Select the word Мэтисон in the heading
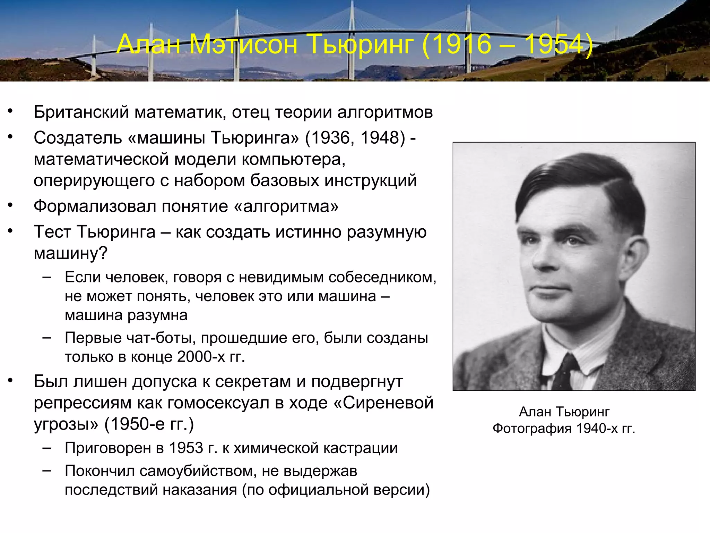tap(244, 44)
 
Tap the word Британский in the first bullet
tap(81, 112)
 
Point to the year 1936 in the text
tap(330, 138)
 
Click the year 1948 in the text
tap(380, 138)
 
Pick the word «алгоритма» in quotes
tap(286, 206)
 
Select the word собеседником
tap(381, 277)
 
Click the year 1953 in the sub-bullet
tap(186, 448)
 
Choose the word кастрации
tap(359, 448)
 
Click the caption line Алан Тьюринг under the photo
tap(564, 412)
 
